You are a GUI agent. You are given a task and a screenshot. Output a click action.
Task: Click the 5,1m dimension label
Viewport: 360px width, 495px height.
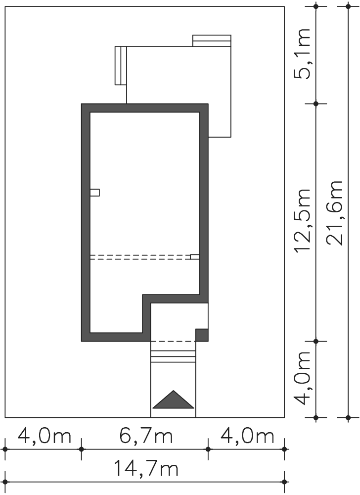click(x=302, y=53)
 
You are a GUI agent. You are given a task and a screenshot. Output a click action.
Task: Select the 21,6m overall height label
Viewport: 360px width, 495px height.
click(x=334, y=213)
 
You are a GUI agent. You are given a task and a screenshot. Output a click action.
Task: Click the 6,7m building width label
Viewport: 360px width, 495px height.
click(x=146, y=436)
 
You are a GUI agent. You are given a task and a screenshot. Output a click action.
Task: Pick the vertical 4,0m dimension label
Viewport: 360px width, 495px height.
click(x=302, y=378)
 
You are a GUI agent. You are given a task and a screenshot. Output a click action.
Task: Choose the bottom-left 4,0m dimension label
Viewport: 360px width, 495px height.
click(x=45, y=436)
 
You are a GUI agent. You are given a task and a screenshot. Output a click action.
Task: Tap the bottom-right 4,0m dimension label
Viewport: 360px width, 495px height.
click(x=247, y=436)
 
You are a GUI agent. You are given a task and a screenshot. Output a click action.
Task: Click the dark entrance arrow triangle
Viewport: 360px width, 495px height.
click(x=174, y=399)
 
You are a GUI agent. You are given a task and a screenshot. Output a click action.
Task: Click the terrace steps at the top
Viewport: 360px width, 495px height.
click(x=212, y=41)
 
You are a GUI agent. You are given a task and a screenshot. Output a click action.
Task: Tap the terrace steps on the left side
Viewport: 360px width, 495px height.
click(x=121, y=65)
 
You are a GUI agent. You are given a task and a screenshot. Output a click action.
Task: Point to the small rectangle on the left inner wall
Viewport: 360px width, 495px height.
click(x=95, y=192)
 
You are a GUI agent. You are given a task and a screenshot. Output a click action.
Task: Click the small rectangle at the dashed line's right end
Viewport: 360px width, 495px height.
click(x=195, y=256)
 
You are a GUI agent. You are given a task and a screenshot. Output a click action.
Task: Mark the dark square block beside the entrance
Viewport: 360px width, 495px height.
click(x=202, y=335)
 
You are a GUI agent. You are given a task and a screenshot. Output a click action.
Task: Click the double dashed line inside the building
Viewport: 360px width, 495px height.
click(x=140, y=257)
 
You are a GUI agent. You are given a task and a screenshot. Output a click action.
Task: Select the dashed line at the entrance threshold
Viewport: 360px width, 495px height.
click(x=173, y=341)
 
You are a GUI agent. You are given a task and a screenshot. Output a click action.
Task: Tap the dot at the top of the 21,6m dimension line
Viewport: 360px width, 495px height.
click(x=348, y=6)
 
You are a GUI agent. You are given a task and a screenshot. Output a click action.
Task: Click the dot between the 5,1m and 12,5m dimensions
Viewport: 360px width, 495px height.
click(x=316, y=103)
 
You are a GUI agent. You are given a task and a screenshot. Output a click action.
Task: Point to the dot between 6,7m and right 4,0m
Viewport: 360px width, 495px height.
click(x=208, y=448)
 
